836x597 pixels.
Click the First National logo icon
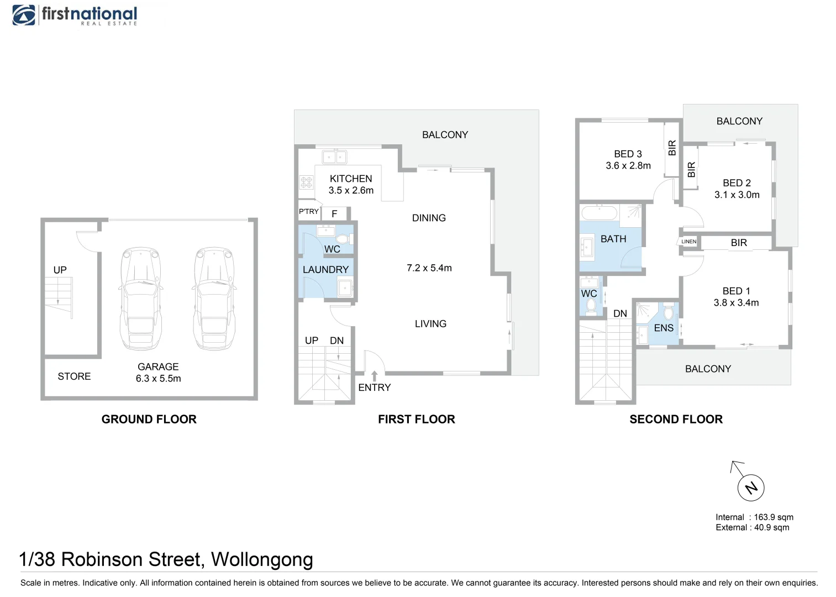pyautogui.click(x=24, y=15)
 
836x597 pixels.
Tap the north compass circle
pyautogui.click(x=751, y=488)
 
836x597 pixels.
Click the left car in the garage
pyautogui.click(x=141, y=298)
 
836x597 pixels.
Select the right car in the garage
pyautogui.click(x=214, y=298)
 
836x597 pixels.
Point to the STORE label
pyautogui.click(x=74, y=376)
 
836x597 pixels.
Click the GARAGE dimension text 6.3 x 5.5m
pyautogui.click(x=158, y=379)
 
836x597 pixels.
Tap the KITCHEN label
pyautogui.click(x=351, y=179)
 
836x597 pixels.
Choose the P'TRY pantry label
pyautogui.click(x=308, y=212)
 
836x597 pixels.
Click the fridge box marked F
pyautogui.click(x=334, y=214)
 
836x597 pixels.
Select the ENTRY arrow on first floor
pyautogui.click(x=374, y=376)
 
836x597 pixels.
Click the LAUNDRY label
pyautogui.click(x=325, y=270)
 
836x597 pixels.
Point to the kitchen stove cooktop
pyautogui.click(x=306, y=182)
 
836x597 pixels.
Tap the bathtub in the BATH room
pyautogui.click(x=599, y=213)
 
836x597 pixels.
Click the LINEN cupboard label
pyautogui.click(x=688, y=242)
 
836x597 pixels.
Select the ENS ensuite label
pyautogui.click(x=664, y=328)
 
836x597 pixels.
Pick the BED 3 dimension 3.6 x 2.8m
pyautogui.click(x=628, y=166)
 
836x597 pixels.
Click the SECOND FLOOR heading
pyautogui.click(x=676, y=419)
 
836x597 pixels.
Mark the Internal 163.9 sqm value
pyautogui.click(x=774, y=517)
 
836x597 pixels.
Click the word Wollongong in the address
pyautogui.click(x=262, y=559)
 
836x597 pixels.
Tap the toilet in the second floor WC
pyautogui.click(x=591, y=305)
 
